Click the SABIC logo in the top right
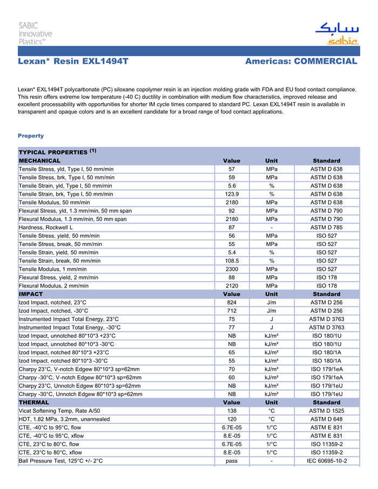coord(336,34)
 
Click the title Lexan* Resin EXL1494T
coord(73,61)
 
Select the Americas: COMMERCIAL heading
coord(301,61)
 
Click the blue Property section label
coord(31,136)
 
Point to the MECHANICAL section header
coord(40,160)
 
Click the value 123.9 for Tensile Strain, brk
coord(232,194)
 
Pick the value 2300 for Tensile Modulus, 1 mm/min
coord(232,269)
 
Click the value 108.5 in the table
coord(232,260)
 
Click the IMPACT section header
coord(31,294)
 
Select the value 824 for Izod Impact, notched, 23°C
coord(232,303)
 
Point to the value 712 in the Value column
coord(232,311)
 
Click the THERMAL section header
coord(34,403)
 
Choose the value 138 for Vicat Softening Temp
coord(232,411)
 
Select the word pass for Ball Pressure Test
coord(232,461)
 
